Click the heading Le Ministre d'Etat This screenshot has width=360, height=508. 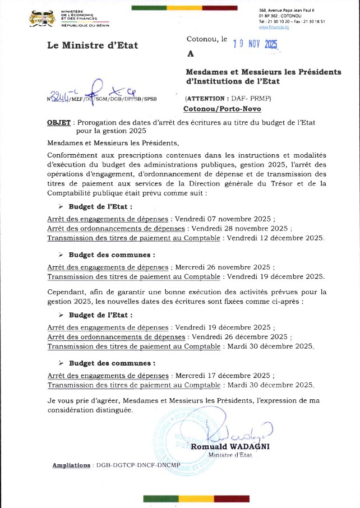pos(93,45)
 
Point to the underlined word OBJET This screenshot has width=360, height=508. pos(59,122)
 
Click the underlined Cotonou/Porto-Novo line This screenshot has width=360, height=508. pos(221,109)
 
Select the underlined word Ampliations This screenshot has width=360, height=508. pos(71,465)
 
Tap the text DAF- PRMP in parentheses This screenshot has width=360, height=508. pos(251,98)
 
